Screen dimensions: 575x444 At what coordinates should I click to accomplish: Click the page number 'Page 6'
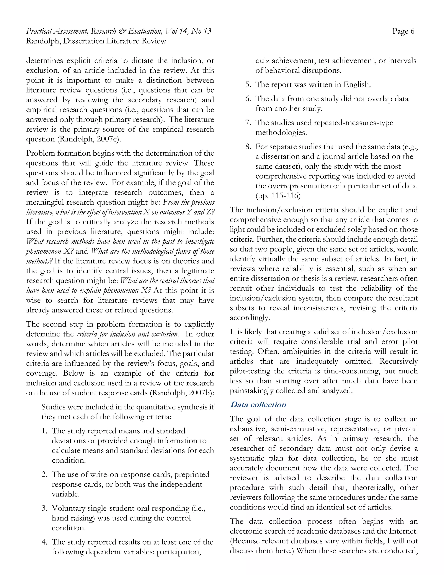403,31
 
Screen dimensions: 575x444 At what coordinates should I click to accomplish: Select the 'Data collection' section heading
258,404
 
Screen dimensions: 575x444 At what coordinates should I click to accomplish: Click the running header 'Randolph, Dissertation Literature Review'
96,41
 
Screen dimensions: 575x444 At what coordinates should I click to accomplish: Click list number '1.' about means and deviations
44,431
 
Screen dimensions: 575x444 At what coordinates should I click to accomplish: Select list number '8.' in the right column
248,147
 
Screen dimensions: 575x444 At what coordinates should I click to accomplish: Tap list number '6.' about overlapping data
248,99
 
